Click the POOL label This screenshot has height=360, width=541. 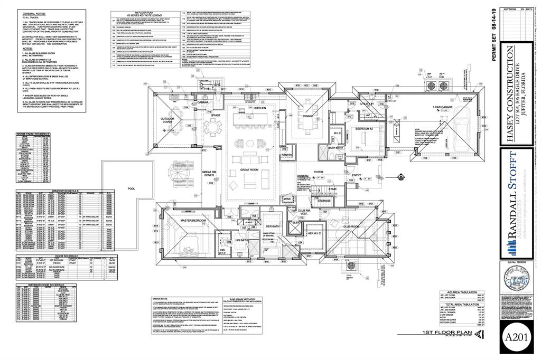pos(132,188)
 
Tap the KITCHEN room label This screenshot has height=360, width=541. pos(260,108)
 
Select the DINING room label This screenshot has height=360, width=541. pos(309,117)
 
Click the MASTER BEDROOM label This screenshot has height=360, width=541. pos(193,221)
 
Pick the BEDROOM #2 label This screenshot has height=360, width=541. pos(364,129)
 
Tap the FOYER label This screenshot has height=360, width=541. pos(318,172)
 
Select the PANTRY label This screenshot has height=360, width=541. pos(287,155)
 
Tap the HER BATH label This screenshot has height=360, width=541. pos(273,227)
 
